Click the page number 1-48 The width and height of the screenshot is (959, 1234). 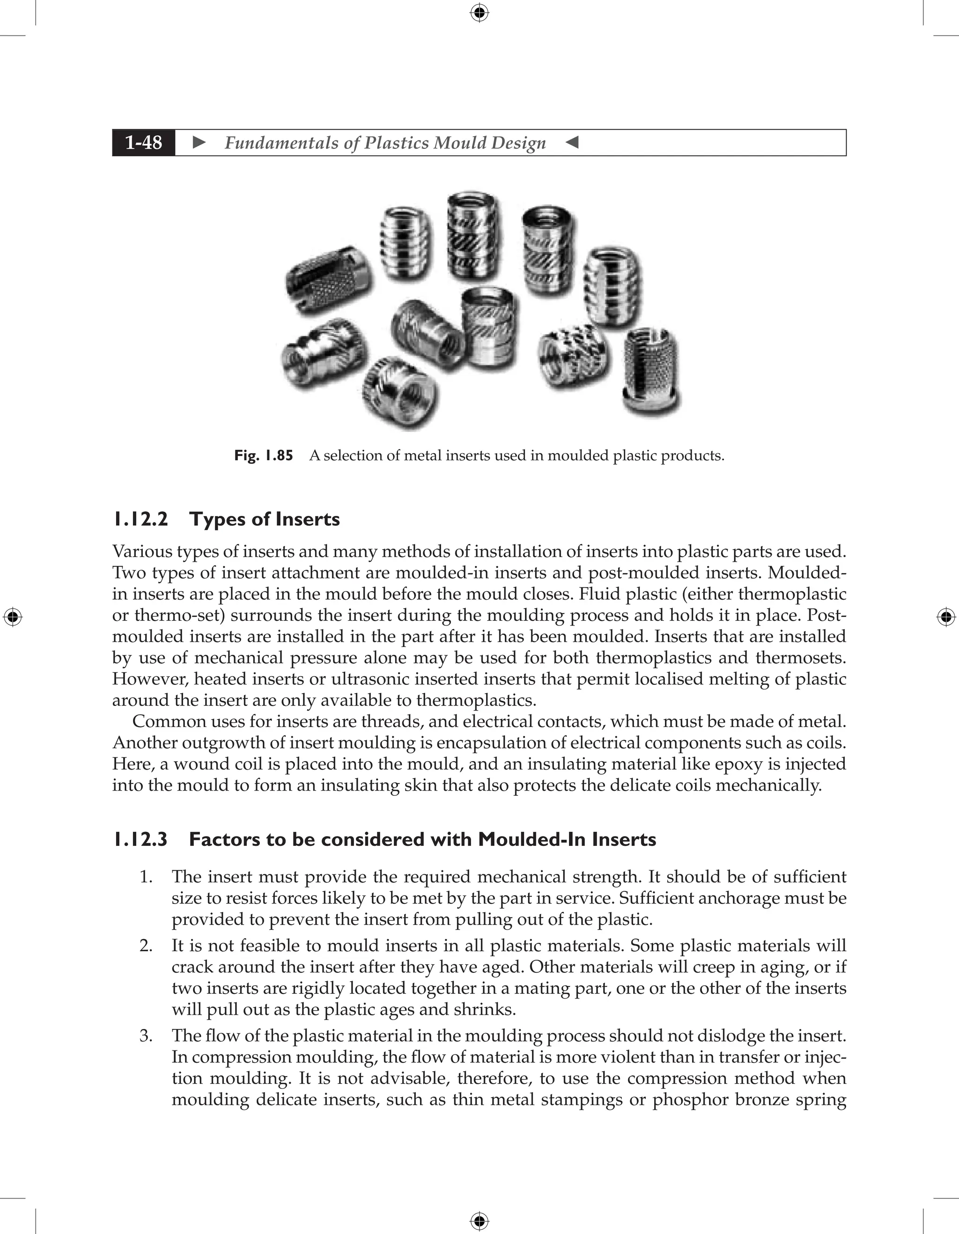coord(144,142)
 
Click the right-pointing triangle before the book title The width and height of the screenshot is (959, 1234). coord(199,142)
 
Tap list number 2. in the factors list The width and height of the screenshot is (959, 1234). coord(146,945)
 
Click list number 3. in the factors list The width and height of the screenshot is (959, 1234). coord(146,1036)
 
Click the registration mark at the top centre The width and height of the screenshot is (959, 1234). coord(479,13)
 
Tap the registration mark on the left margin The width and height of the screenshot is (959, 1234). coord(13,617)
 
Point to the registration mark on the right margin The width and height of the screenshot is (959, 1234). coord(946,617)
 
